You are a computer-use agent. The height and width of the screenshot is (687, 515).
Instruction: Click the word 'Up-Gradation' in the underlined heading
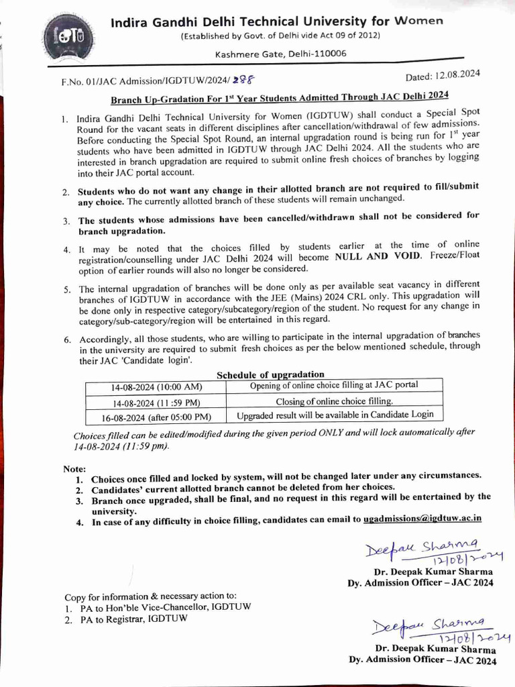pyautogui.click(x=173, y=97)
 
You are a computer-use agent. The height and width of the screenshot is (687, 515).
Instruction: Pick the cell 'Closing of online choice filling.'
pyautogui.click(x=333, y=401)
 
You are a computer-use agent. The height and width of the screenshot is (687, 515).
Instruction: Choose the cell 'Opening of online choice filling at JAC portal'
pyautogui.click(x=333, y=385)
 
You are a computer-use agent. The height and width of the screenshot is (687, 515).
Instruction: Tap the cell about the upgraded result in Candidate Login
pyautogui.click(x=333, y=415)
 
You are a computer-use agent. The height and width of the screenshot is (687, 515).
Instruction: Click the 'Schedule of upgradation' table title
pyautogui.click(x=270, y=374)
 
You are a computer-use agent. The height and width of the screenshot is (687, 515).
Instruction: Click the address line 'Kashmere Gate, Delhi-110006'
pyautogui.click(x=281, y=53)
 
